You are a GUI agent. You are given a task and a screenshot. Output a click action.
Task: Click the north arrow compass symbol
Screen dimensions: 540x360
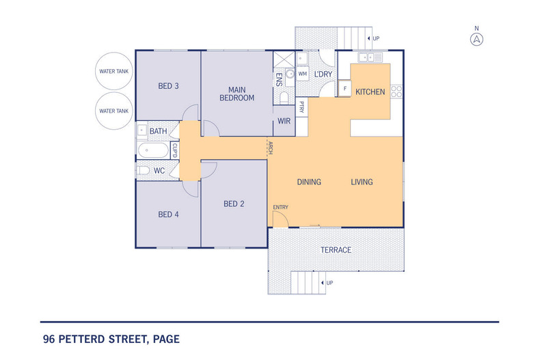476,39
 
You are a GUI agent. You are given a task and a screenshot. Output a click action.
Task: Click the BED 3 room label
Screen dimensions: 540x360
168,86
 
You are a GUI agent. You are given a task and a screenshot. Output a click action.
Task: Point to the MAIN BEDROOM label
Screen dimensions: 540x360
237,94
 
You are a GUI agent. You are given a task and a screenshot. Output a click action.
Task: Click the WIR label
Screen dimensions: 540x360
284,121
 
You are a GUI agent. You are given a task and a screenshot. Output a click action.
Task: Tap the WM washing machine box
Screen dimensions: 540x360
302,74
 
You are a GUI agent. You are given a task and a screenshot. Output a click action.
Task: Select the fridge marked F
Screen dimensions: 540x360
345,88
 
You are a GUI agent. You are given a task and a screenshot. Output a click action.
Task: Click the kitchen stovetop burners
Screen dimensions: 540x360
396,92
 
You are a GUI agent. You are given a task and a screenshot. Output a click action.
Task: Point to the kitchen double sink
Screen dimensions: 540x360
370,57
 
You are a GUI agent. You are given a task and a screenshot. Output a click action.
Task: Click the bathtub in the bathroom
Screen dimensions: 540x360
153,150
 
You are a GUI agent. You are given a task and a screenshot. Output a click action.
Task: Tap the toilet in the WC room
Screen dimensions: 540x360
144,170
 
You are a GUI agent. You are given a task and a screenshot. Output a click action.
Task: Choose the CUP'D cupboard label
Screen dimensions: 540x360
174,150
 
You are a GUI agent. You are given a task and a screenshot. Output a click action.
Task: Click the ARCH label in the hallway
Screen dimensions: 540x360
271,148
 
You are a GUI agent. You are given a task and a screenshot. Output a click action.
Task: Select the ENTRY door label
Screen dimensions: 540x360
281,207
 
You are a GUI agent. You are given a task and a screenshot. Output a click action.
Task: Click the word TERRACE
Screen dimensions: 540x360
336,250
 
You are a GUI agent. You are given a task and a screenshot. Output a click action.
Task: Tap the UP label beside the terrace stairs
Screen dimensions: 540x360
329,283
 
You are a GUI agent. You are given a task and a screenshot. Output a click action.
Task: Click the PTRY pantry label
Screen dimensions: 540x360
301,107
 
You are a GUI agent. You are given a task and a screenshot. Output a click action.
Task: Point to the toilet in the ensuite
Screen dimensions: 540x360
284,98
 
